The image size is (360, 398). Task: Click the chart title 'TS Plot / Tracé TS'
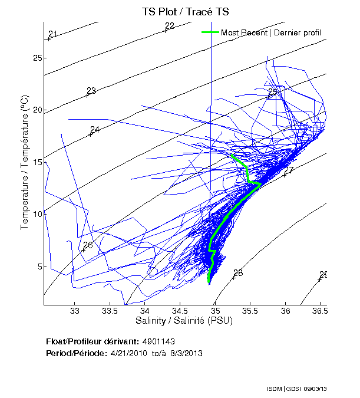tap(186, 11)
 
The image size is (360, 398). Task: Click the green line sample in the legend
tap(210, 32)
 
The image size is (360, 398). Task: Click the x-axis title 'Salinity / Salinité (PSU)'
tap(186, 321)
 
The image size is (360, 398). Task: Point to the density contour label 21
tap(52, 34)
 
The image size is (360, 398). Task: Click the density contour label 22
tap(170, 26)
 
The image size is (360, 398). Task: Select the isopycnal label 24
tap(95, 130)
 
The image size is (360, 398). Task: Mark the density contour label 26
tap(88, 245)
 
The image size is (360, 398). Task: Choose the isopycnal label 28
tap(238, 273)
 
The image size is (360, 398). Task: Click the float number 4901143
tap(158, 341)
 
